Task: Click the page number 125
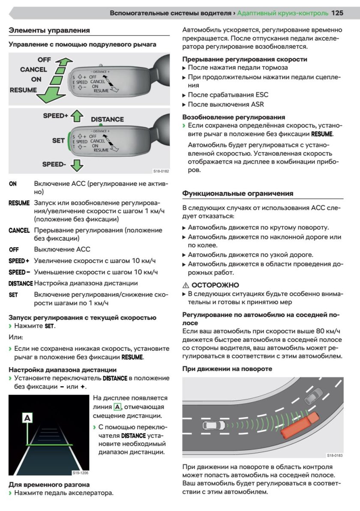tap(337, 13)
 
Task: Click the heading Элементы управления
tap(49, 30)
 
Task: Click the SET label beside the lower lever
tap(58, 140)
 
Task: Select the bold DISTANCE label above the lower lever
tap(107, 120)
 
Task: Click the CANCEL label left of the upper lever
tap(33, 69)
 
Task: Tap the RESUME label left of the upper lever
tap(23, 90)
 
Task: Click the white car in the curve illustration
tap(213, 426)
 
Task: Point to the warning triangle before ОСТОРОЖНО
tap(186, 285)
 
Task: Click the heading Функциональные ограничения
tap(238, 193)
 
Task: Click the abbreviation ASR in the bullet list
tap(257, 104)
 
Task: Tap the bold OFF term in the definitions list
tap(13, 249)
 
